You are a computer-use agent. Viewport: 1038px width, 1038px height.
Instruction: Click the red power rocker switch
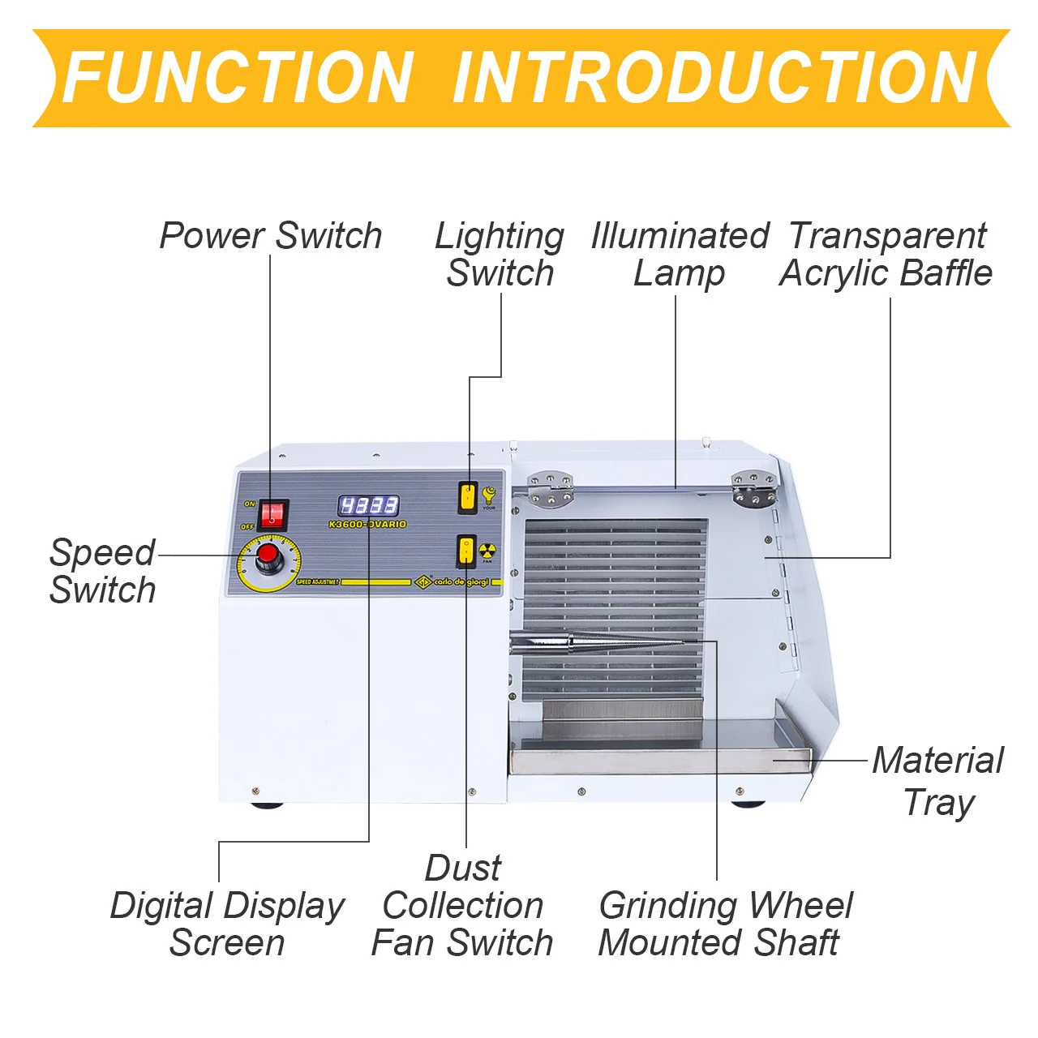coord(273,514)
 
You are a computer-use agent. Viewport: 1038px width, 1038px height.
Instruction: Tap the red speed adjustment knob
coord(268,558)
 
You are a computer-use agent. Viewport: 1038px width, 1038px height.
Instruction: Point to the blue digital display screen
coord(368,506)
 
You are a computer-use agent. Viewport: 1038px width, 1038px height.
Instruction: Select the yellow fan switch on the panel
coord(466,551)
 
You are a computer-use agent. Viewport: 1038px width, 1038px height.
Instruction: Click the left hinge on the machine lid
coord(551,490)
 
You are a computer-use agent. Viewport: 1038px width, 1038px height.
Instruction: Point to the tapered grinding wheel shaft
coord(600,644)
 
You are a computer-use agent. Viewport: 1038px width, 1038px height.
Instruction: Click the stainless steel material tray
coord(657,759)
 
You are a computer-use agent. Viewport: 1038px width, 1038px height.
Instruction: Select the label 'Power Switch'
coord(271,236)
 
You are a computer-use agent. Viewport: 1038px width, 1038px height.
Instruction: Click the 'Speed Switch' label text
coord(102,571)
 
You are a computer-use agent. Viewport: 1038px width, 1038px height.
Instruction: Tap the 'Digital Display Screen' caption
coord(227,924)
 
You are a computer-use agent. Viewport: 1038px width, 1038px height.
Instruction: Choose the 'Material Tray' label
coord(937,781)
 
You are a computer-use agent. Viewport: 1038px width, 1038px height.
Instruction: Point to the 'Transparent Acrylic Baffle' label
coord(886,255)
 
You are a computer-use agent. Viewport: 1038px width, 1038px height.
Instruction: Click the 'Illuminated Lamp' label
coord(680,255)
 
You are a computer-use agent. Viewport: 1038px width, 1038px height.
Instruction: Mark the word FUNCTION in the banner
coord(238,78)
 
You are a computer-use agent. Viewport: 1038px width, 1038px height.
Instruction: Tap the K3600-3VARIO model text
coord(367,525)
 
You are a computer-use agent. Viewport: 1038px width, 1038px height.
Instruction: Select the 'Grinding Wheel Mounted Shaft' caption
coord(724,924)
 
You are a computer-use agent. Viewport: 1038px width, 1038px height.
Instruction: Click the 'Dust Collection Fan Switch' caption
coord(462,906)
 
